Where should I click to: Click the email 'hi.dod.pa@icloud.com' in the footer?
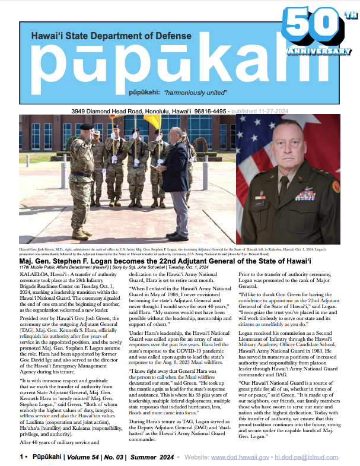click(310, 458)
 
